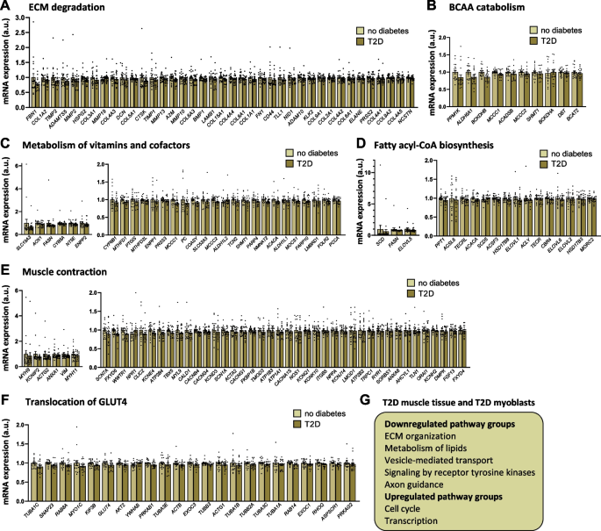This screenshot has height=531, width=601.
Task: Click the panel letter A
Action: [6, 7]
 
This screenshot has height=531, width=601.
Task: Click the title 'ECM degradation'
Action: [60, 7]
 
